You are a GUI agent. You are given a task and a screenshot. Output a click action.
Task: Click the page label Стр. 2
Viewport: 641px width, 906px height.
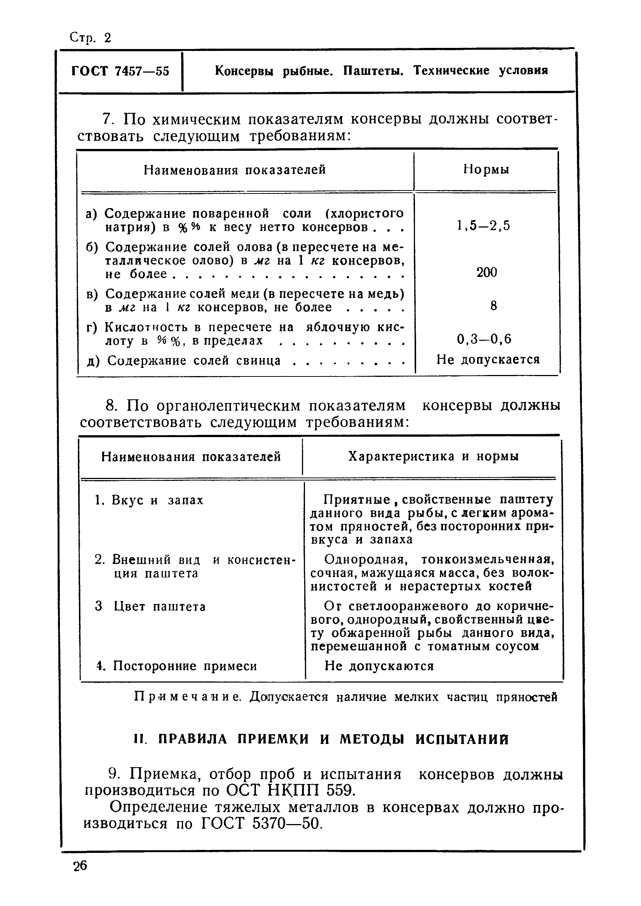[x=90, y=38]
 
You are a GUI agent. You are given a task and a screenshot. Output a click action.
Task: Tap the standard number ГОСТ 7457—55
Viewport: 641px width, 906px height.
[x=120, y=71]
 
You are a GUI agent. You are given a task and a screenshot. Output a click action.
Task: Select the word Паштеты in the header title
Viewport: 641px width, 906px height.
[x=373, y=71]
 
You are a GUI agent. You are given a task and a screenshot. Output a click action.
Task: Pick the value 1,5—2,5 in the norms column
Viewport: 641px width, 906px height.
[x=483, y=226]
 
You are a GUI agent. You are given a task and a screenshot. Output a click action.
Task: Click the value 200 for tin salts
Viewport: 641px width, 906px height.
[x=486, y=272]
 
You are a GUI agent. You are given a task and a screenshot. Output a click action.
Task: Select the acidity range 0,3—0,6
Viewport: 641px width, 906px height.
[x=484, y=339]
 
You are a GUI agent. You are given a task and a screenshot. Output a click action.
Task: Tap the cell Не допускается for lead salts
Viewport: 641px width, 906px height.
[x=488, y=360]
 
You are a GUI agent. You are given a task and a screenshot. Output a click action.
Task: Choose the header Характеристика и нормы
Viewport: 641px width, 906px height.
[x=433, y=457]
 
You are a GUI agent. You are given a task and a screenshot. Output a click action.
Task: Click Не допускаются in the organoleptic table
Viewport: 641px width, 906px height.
[x=379, y=666]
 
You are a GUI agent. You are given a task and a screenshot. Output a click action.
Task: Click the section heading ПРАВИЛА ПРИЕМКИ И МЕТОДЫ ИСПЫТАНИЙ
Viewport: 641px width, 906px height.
[x=322, y=739]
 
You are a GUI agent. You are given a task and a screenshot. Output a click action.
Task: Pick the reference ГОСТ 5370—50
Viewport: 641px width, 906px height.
[x=261, y=824]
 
